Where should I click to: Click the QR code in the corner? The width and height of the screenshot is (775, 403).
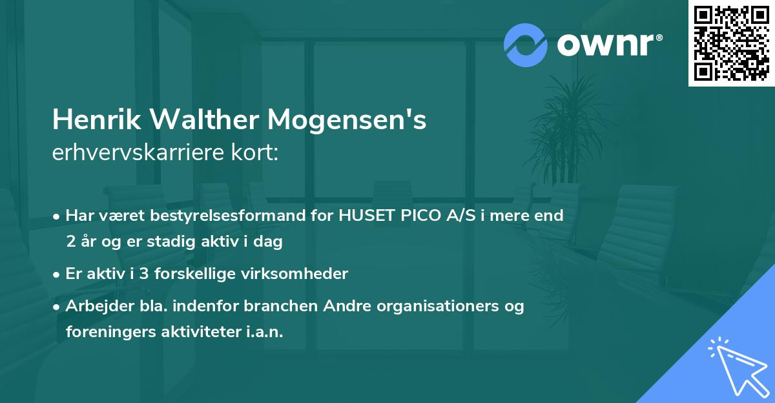[732, 43]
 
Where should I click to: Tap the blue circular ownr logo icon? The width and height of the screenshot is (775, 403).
[526, 45]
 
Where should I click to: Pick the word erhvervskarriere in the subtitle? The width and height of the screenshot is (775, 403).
[132, 153]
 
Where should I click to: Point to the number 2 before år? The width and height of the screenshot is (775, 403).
[70, 242]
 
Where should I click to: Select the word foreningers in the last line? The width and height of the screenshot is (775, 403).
[106, 331]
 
